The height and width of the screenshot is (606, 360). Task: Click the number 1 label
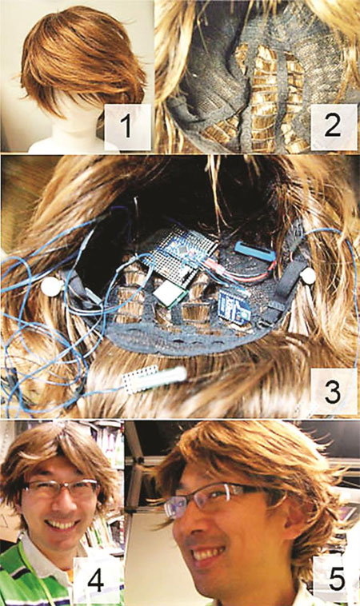click(x=127, y=126)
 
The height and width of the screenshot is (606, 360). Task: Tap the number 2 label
click(x=334, y=126)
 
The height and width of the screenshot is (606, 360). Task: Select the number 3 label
click(x=334, y=391)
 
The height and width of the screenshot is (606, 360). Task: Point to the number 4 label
click(x=94, y=580)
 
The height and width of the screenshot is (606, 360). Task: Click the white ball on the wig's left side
click(x=52, y=286)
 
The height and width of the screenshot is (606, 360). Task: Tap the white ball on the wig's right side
click(x=308, y=276)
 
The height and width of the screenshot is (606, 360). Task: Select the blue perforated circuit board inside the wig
click(x=178, y=254)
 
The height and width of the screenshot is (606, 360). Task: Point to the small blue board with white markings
click(x=234, y=305)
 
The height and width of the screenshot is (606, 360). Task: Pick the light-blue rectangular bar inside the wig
click(x=255, y=251)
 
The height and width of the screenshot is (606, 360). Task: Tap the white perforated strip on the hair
click(x=154, y=379)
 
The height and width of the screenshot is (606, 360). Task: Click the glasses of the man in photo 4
click(x=60, y=488)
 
